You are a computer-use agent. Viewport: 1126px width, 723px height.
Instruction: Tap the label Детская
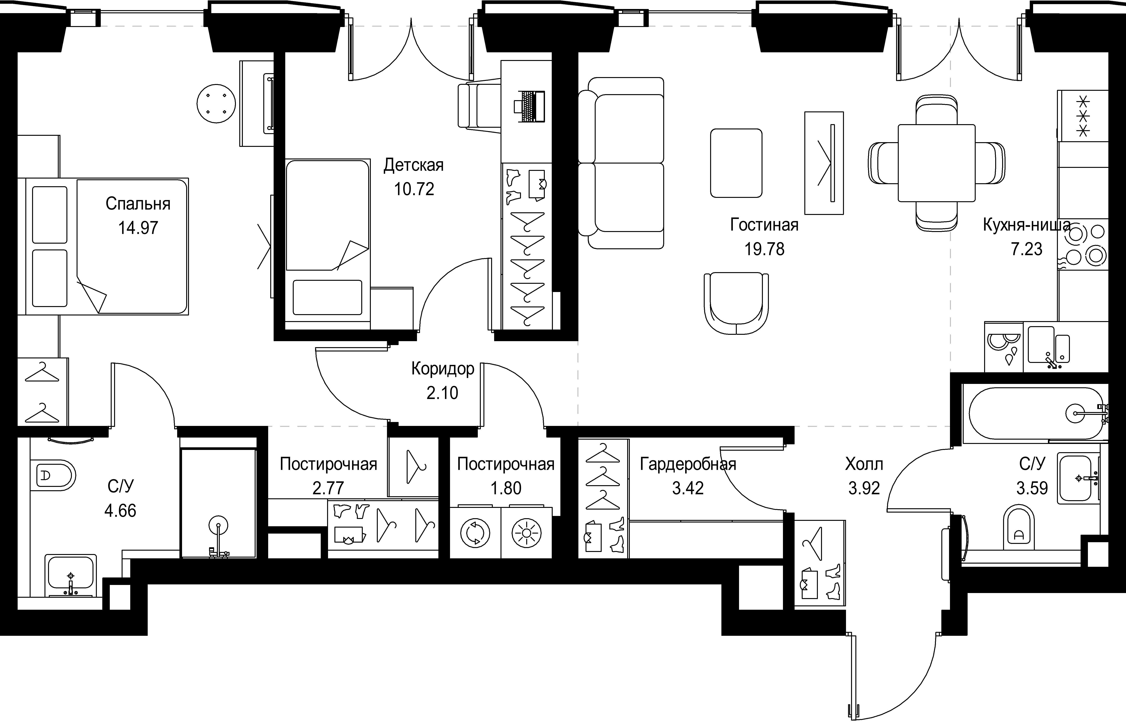(x=413, y=165)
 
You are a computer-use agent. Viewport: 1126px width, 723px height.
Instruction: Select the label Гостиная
(x=764, y=225)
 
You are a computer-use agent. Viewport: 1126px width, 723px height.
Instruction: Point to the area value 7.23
(x=1026, y=249)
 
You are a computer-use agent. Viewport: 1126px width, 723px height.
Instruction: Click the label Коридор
(x=443, y=369)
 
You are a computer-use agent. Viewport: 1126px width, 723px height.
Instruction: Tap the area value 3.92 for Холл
(x=864, y=488)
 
